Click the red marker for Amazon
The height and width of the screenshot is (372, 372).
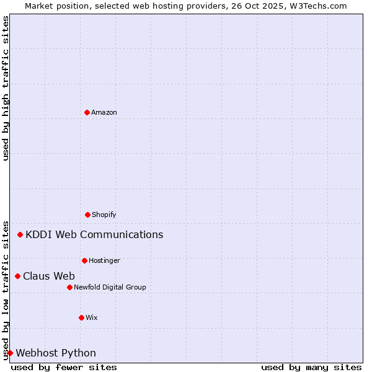87,112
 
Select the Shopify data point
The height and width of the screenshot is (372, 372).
87,215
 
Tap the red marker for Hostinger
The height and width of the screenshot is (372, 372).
84,260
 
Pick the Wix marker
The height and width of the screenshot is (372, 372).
81,317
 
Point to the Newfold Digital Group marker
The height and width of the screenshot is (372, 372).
69,287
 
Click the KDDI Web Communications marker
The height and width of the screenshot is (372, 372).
20,234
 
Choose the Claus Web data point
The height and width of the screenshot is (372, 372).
18,276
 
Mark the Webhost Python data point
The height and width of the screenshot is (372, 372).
11,353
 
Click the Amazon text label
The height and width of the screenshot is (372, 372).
104,112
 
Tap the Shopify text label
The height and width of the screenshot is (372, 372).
104,215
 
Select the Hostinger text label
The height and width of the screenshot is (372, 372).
104,260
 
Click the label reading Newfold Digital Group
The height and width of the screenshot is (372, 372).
110,287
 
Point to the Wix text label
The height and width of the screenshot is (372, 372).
92,317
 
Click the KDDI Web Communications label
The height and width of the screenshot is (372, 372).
94,234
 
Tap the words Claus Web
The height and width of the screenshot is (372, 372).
49,276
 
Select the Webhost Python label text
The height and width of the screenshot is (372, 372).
56,353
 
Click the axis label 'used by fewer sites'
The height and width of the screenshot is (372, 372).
64,367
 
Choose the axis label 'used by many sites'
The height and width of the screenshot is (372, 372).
311,367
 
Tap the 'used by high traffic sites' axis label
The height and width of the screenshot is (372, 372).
6,88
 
